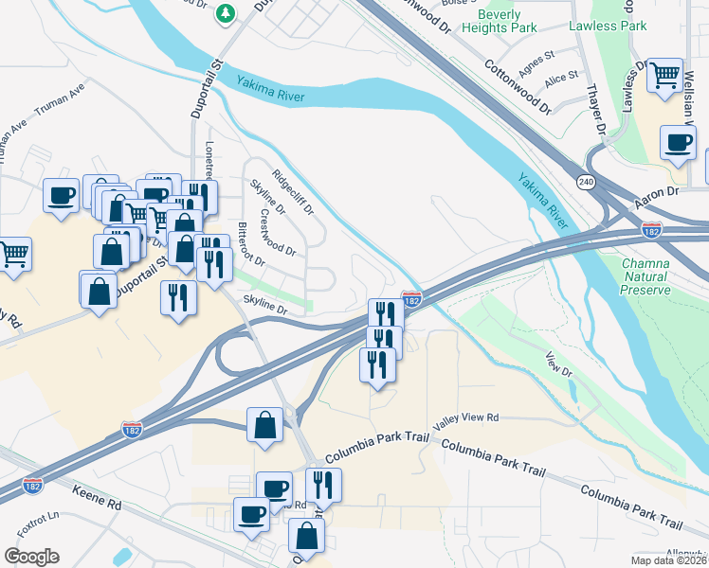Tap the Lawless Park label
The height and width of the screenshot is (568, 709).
coord(607,26)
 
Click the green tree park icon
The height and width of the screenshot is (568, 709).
coord(226,12)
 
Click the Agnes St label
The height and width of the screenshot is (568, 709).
coord(535,62)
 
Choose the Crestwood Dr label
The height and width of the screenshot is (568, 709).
coord(279,232)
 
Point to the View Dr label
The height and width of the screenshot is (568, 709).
coord(560,365)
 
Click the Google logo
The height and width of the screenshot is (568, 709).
coord(30,557)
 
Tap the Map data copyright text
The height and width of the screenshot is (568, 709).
coord(668,560)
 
